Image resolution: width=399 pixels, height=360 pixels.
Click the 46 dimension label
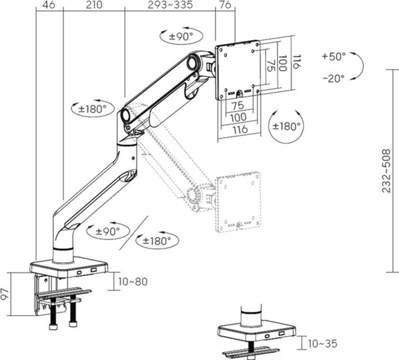click(48, 5)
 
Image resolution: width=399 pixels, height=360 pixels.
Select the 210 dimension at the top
click(94, 5)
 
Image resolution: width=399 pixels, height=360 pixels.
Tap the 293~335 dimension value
click(170, 5)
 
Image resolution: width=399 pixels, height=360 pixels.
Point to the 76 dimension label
click(225, 5)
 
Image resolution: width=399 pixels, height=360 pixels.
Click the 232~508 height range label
click(386, 171)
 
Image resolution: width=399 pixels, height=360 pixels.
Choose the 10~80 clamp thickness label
click(133, 282)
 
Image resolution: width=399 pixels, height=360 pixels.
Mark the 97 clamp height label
click(5, 294)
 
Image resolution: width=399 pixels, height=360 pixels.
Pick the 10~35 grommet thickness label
click(323, 344)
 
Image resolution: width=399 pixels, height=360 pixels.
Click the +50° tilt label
click(334, 56)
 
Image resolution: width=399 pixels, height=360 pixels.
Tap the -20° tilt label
click(334, 78)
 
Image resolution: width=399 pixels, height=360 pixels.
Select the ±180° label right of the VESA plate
click(286, 126)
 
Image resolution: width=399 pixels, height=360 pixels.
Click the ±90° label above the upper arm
click(181, 36)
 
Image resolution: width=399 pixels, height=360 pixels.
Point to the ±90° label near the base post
click(108, 231)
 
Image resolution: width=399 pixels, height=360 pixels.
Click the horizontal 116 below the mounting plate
click(240, 129)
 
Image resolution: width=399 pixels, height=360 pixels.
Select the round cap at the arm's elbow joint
click(126, 115)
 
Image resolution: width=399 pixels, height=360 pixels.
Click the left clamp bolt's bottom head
click(53, 327)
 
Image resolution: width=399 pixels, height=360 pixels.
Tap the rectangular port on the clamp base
click(94, 269)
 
